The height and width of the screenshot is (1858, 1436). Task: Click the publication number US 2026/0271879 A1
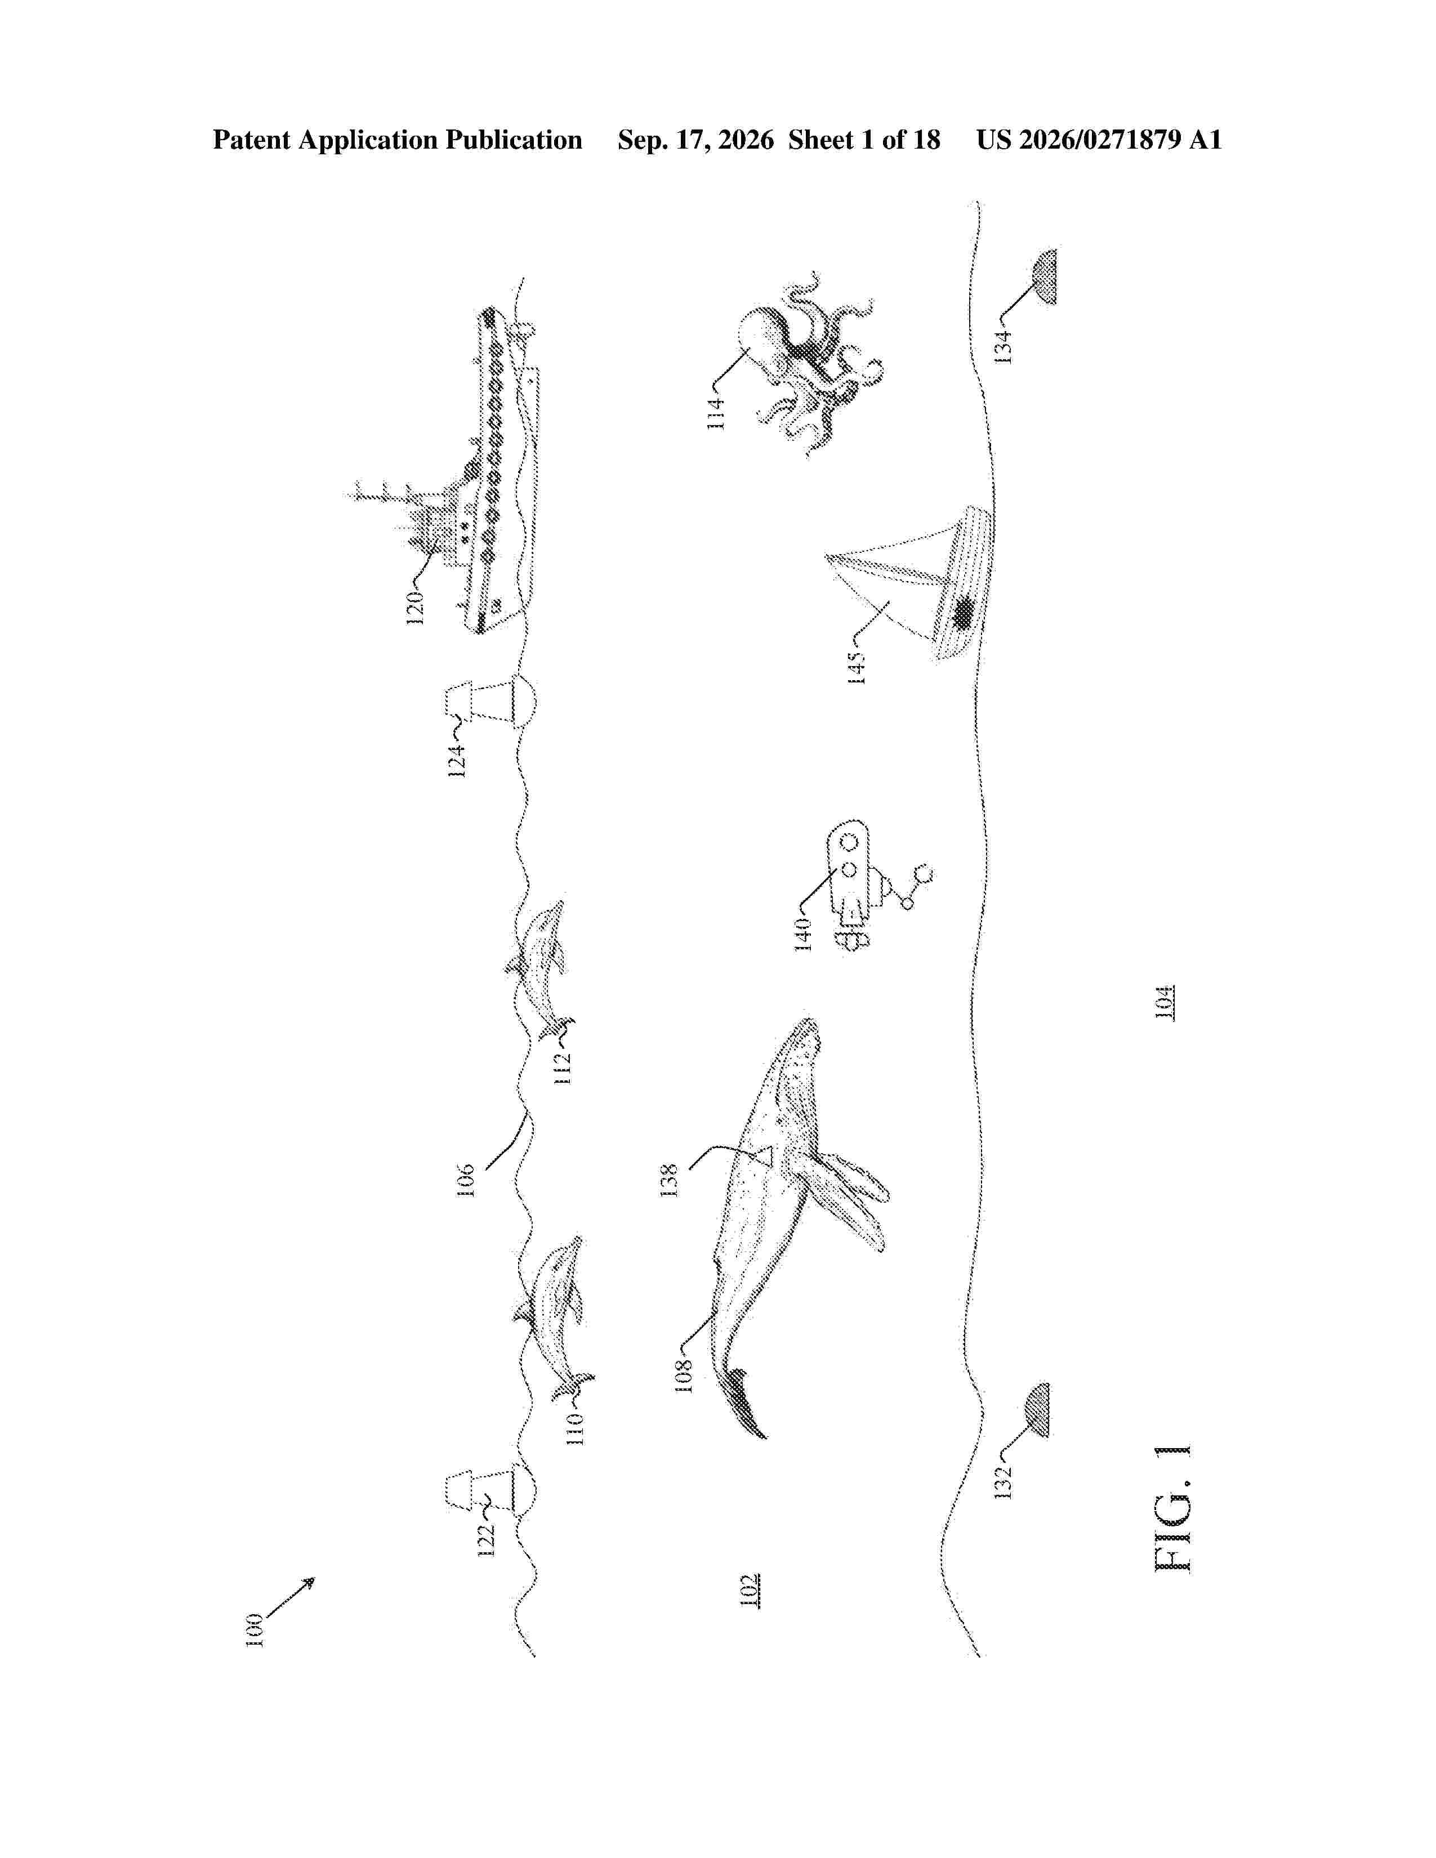click(x=1099, y=140)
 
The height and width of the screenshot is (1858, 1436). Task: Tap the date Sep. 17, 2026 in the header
click(x=696, y=140)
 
